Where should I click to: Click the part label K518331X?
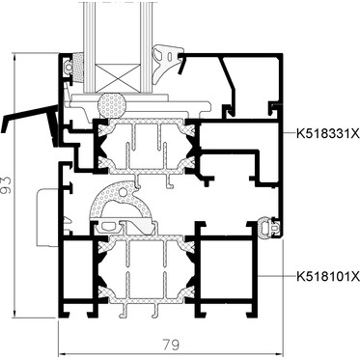327,133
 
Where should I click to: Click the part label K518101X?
327,276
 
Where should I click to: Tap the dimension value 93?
6,185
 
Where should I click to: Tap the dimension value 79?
171,345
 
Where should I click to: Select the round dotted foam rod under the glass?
112,105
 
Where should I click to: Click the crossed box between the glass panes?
119,77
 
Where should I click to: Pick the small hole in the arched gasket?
123,192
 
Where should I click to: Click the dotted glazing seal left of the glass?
78,69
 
